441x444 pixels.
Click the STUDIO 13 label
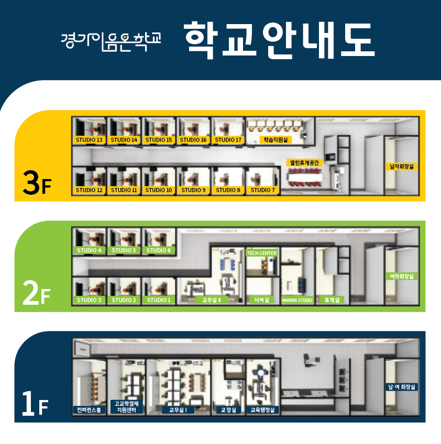click(89, 140)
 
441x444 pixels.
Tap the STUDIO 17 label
click(228, 140)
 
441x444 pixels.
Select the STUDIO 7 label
click(262, 190)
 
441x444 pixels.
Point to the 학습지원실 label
click(275, 140)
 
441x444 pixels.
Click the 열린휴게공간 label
click(304, 163)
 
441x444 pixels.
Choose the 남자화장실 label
click(402, 167)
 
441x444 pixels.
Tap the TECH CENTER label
click(262, 253)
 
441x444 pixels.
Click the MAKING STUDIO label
click(297, 300)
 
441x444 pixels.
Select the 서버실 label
click(261, 300)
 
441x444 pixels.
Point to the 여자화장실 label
click(402, 276)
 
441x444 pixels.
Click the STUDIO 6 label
click(159, 250)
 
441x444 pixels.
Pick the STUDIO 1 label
click(159, 300)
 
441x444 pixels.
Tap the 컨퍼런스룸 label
click(89, 410)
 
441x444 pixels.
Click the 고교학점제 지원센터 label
click(127, 407)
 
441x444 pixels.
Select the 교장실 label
click(228, 410)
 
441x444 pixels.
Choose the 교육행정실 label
click(262, 410)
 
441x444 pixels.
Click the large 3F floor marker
click(37, 183)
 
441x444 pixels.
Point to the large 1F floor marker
click(35, 404)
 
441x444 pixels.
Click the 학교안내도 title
click(279, 40)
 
